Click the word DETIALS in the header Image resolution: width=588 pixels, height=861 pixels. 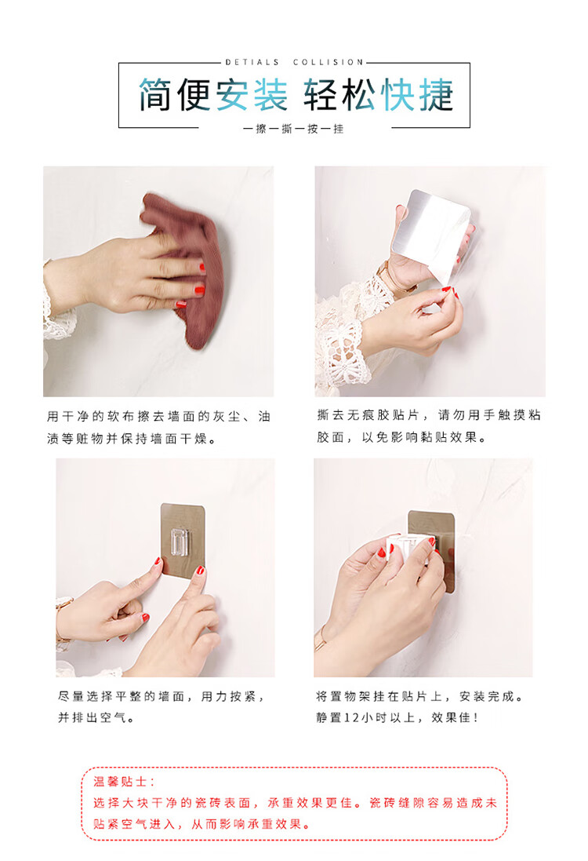(x=252, y=63)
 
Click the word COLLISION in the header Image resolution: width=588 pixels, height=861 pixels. (x=328, y=63)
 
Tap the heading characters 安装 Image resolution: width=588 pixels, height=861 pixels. (x=252, y=94)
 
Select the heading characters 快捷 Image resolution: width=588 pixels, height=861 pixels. (x=417, y=94)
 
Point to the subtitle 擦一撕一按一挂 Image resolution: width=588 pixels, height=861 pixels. (x=293, y=129)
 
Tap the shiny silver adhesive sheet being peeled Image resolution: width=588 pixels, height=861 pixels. (x=432, y=233)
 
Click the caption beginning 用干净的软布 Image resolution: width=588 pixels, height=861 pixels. (x=158, y=427)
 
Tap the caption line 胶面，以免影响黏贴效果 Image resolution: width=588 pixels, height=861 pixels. (x=401, y=438)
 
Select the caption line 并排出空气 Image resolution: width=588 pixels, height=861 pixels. (x=96, y=717)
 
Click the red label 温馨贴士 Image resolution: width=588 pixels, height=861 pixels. (x=124, y=782)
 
